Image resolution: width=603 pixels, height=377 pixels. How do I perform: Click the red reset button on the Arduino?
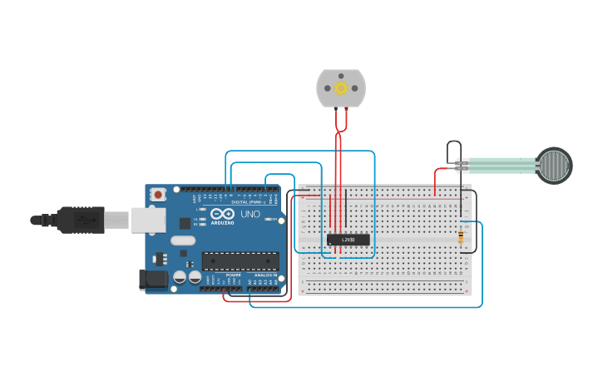point(158,194)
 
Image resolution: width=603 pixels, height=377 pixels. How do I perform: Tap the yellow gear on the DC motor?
point(341,87)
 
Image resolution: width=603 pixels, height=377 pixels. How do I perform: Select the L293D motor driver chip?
point(348,240)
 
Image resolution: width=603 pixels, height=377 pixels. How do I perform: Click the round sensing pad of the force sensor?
point(554,165)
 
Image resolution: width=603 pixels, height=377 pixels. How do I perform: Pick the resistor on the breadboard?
point(462,238)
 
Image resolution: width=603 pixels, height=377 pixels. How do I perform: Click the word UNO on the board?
point(250,215)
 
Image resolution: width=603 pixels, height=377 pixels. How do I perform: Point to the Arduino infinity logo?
point(222,213)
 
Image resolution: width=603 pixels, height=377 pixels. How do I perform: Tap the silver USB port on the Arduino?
point(148,220)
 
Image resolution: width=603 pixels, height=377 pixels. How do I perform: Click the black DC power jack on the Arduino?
point(154,280)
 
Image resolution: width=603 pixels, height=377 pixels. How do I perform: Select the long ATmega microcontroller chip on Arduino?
point(240,261)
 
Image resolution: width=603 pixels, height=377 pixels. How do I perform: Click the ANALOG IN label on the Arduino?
point(265,275)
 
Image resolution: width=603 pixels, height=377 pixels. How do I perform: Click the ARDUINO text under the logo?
point(222,223)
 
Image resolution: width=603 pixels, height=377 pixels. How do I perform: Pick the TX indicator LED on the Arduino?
point(200,218)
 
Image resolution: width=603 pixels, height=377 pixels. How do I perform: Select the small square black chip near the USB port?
point(184,223)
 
